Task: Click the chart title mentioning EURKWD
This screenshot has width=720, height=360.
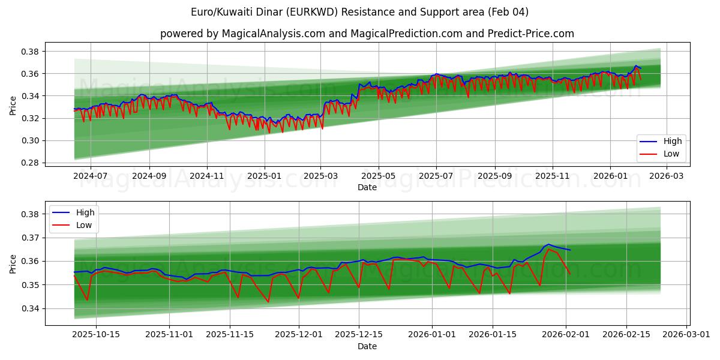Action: coord(360,12)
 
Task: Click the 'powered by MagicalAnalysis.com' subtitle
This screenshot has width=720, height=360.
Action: coord(367,34)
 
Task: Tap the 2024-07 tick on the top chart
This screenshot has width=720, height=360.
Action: coord(91,176)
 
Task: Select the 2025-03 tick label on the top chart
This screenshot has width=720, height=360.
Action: coord(320,176)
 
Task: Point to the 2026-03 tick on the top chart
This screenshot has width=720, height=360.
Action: coord(667,176)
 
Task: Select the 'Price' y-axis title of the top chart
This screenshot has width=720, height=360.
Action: coord(13,106)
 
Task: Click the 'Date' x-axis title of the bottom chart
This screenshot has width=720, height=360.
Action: coord(367,346)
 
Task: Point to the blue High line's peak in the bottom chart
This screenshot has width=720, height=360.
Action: coord(548,244)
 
